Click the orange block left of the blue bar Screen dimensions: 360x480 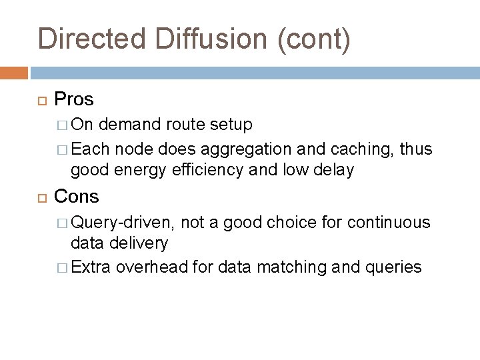14,72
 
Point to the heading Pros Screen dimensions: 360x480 74,99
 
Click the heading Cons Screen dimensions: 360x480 76,196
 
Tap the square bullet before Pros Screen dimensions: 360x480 42,100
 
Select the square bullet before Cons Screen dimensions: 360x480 42,197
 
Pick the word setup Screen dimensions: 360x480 229,124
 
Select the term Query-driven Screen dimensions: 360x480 123,221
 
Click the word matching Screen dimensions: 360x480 291,267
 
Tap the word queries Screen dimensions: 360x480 393,267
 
